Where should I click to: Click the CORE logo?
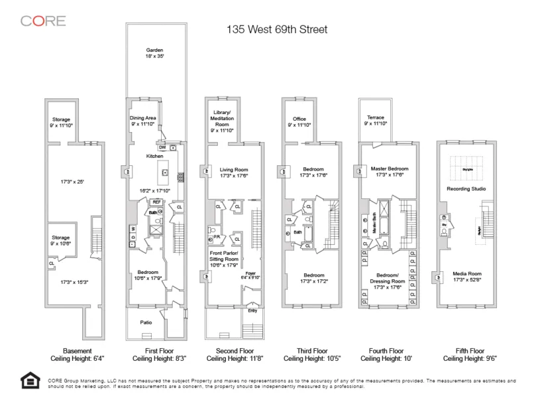(43, 21)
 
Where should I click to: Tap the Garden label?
(154, 50)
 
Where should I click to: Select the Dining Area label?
(142, 118)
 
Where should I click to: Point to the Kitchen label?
(154, 156)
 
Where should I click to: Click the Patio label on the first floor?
(146, 322)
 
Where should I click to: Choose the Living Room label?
(233, 170)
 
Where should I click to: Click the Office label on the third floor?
(299, 119)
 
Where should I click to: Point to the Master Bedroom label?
(390, 169)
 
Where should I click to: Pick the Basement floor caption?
(77, 351)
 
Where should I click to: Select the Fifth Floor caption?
(468, 351)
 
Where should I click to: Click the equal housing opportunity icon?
(30, 381)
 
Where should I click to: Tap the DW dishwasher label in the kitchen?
(162, 147)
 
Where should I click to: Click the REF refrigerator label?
(156, 202)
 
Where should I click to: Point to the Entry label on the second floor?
(252, 309)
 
